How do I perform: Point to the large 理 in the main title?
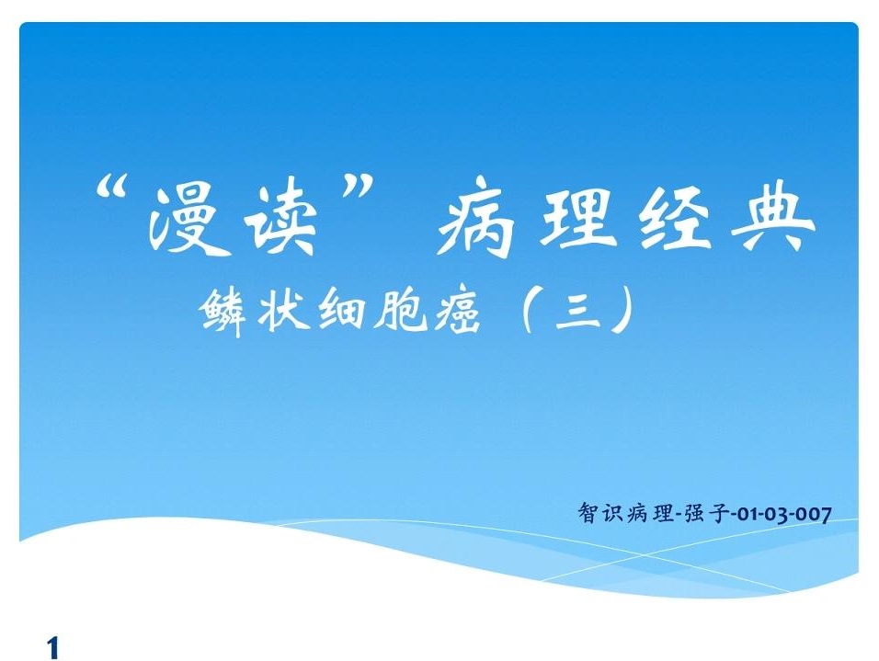[x=578, y=215]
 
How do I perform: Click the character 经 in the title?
[x=675, y=216]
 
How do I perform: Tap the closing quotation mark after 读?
[x=356, y=187]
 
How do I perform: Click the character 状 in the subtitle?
[x=284, y=309]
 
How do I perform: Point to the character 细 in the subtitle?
[x=341, y=310]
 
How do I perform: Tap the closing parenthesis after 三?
[x=623, y=310]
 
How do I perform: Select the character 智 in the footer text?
[x=588, y=512]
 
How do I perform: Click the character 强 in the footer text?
[x=694, y=512]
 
